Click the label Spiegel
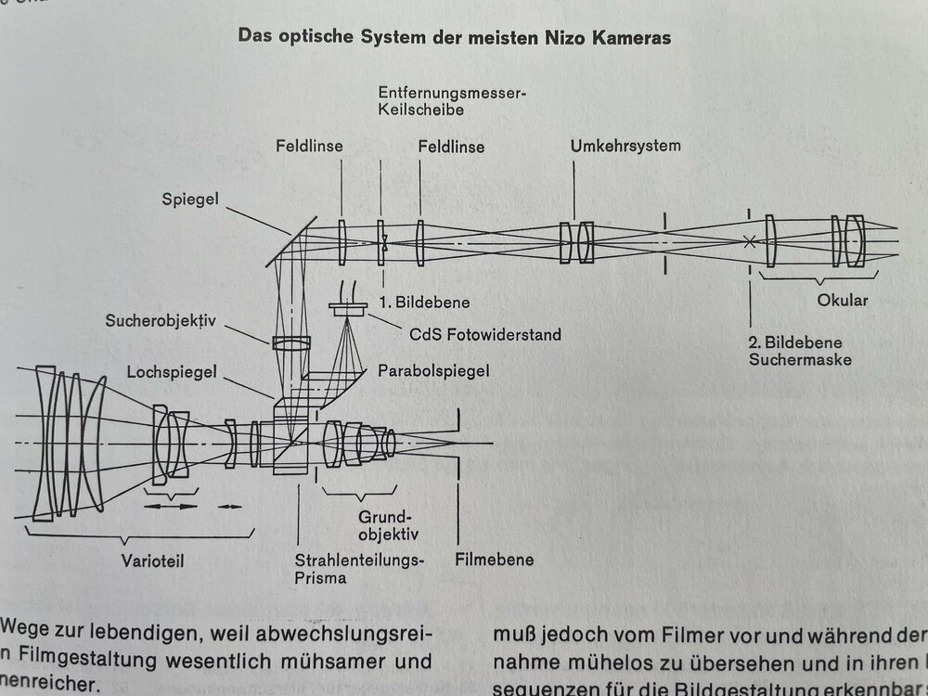pos(189,199)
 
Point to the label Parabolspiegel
pos(433,370)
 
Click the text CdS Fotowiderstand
pos(484,334)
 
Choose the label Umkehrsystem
pos(626,146)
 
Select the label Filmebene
pos(496,561)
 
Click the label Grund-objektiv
pos(388,525)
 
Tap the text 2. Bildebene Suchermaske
pos(801,350)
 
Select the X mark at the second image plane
pos(749,241)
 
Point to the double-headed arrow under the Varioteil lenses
pos(172,506)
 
